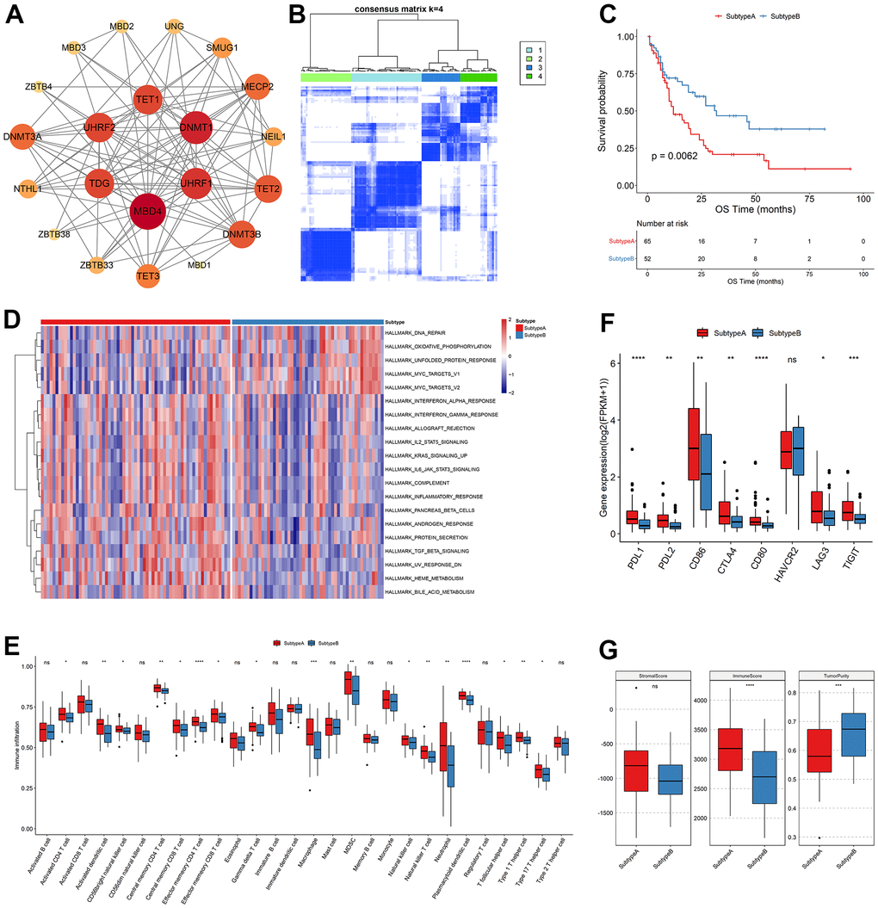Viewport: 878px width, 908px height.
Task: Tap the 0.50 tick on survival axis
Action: coord(631,111)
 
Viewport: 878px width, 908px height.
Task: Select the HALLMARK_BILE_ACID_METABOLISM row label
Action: coord(438,593)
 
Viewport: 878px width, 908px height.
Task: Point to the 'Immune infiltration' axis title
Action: coord(17,745)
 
